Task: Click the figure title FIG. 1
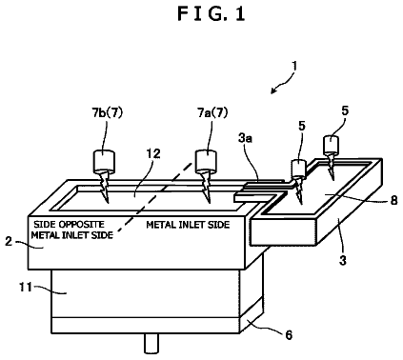point(212,14)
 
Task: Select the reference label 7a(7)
point(212,112)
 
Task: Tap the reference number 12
point(153,153)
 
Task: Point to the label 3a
point(246,138)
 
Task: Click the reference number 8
point(393,200)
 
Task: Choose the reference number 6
point(289,334)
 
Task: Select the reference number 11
point(26,288)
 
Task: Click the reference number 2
point(9,242)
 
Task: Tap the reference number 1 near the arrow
point(294,66)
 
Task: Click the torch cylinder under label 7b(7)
point(104,161)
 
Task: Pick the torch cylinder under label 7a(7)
point(206,160)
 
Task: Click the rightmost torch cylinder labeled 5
point(332,144)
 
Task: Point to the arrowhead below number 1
point(273,90)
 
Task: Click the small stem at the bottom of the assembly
point(151,343)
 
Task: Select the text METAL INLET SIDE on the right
point(188,225)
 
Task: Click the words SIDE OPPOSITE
point(69,225)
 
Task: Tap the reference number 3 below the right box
point(343,260)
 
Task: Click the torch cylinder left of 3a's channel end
point(298,169)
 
